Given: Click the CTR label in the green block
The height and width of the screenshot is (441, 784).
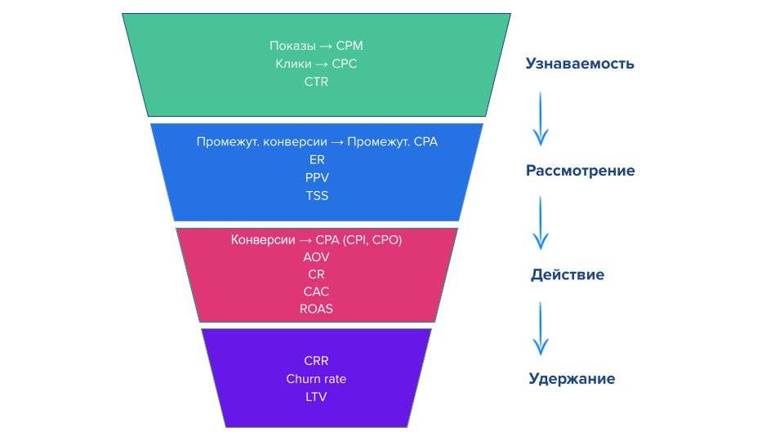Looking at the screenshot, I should [316, 81].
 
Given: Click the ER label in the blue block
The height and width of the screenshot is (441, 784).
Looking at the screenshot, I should [317, 159].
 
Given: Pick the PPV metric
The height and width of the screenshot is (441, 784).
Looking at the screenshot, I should [317, 177].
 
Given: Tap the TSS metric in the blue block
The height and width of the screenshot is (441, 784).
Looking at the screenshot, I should [317, 195].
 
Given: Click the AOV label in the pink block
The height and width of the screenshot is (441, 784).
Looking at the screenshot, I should [317, 256].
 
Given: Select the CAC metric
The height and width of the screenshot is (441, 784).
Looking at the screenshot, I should [317, 292].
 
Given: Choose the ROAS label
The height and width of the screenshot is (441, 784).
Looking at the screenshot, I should [317, 310].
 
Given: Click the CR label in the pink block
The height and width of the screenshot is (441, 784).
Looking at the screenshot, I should [317, 274].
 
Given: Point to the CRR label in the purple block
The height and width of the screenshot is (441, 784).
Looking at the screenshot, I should [317, 360].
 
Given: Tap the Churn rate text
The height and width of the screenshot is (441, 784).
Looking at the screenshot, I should [317, 379].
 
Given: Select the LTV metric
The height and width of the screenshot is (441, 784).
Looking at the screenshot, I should [317, 397].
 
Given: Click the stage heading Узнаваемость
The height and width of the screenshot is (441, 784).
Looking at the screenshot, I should [579, 64].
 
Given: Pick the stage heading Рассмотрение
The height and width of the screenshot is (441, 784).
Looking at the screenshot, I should [580, 171].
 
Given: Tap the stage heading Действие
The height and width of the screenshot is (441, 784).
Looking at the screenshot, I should [568, 275].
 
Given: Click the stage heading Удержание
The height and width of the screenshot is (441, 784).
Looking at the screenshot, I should [572, 379].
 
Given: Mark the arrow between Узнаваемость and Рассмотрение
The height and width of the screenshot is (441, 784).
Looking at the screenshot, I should [540, 118].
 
